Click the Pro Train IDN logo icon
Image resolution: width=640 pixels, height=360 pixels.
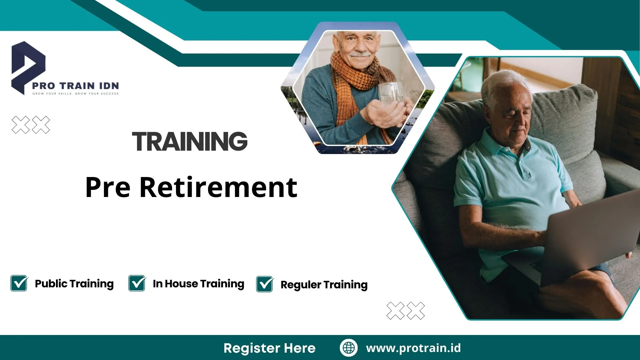click(x=27, y=67)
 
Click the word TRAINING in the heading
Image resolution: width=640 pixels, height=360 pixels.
click(x=190, y=141)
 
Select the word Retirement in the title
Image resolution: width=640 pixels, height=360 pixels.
click(x=218, y=187)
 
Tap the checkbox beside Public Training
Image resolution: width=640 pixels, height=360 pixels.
click(x=19, y=283)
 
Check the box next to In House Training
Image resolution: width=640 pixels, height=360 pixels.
click(x=137, y=283)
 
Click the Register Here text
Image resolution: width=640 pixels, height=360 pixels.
click(x=269, y=348)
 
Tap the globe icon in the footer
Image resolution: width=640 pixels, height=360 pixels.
click(x=349, y=348)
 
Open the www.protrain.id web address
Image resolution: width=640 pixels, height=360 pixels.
click(x=413, y=348)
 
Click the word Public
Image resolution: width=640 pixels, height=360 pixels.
click(x=51, y=284)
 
